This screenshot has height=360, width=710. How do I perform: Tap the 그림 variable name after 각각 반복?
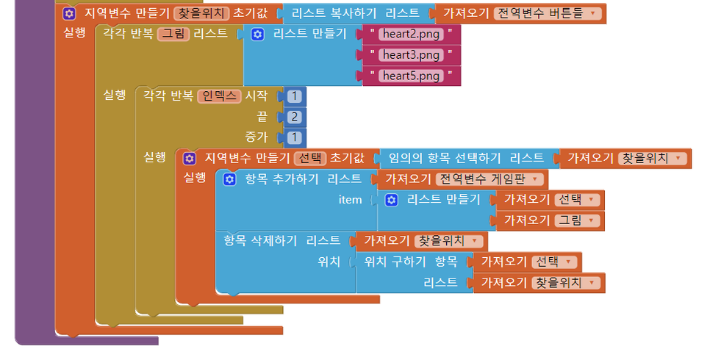pos(173,34)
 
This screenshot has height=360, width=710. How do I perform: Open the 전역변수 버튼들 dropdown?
pos(549,13)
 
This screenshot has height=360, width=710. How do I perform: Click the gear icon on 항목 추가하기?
pos(229,179)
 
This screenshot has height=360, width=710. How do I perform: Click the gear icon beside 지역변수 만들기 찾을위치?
pos(68,13)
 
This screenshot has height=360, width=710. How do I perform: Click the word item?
pos(350,200)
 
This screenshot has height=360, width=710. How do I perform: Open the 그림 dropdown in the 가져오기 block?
pos(578,220)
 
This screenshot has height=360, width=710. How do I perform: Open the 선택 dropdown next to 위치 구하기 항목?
pos(556,262)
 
